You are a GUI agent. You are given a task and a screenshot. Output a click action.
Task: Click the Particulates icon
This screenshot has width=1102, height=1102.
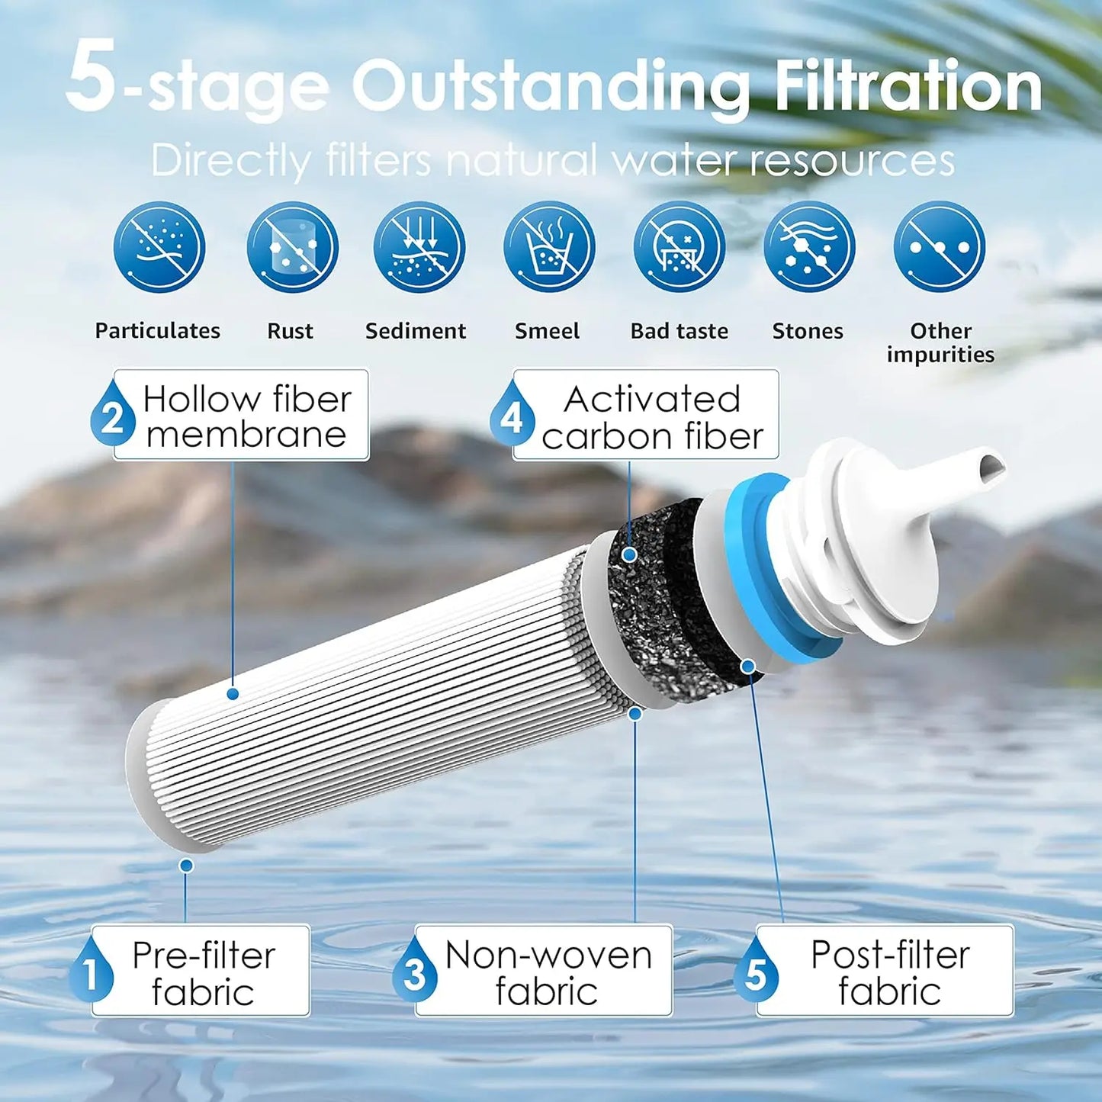click(x=159, y=247)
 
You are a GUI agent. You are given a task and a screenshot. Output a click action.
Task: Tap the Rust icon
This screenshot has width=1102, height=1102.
click(x=292, y=247)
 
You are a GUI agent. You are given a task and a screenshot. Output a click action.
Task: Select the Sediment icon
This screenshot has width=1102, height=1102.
click(x=419, y=247)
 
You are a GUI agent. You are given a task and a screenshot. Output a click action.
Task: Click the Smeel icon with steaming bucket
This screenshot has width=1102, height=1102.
click(x=549, y=247)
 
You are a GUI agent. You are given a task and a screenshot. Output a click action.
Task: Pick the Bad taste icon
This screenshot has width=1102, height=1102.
click(x=679, y=247)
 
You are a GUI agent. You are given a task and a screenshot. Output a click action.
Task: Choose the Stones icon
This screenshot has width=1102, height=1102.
click(x=809, y=247)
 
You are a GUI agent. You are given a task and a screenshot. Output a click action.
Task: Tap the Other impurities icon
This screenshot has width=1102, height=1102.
click(x=940, y=247)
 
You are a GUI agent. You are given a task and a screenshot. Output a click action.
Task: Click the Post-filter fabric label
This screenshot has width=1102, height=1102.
click(x=889, y=972)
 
